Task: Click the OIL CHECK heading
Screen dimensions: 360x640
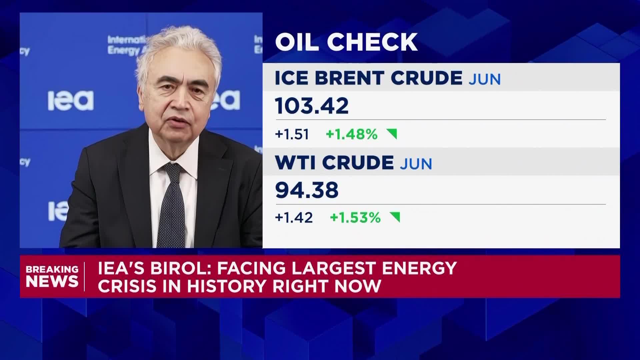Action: tap(346, 42)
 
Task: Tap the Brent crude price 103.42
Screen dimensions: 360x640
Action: tap(312, 106)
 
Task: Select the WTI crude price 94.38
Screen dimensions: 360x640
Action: tap(307, 190)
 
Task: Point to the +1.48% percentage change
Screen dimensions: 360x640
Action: tap(351, 134)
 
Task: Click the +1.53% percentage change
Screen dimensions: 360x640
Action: tap(355, 218)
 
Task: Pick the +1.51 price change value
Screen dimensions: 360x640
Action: tap(292, 134)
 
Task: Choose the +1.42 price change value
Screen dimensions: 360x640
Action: tap(294, 218)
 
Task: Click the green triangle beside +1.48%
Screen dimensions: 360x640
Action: tap(392, 134)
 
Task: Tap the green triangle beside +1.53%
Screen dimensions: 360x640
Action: tap(395, 217)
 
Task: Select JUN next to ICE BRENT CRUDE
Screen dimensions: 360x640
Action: tap(484, 79)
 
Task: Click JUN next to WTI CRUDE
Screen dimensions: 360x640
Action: tap(416, 164)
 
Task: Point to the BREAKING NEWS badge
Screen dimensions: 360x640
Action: tap(52, 276)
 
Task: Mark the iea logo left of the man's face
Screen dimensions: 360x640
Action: tap(70, 100)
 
